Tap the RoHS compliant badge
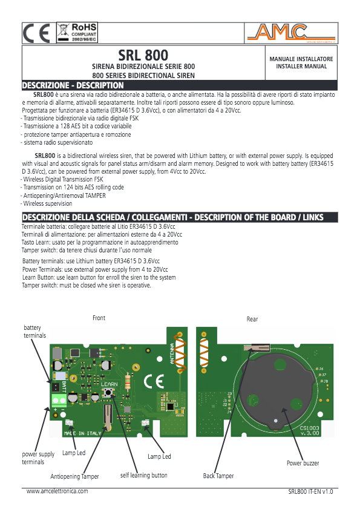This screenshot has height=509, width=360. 77,33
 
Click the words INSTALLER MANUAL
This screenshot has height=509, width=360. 301,66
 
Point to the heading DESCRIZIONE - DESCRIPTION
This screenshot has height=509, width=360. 73,85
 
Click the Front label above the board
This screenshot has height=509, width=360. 99,318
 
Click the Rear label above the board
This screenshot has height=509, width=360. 252,319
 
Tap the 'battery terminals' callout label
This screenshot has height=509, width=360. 34,331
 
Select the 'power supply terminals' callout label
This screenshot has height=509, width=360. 38,458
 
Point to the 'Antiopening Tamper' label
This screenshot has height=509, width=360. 74,476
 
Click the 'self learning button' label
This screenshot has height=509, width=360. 143,476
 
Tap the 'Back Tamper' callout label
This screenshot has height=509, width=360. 218,476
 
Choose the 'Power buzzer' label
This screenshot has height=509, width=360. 303,463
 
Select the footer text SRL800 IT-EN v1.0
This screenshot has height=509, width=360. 310,493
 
